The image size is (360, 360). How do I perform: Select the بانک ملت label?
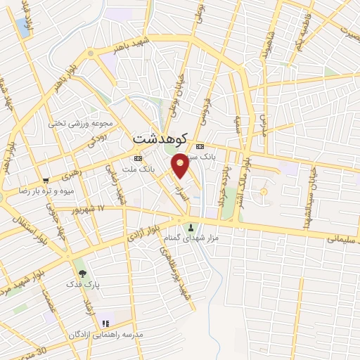(x=137, y=169)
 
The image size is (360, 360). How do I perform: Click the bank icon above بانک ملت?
(x=137, y=158)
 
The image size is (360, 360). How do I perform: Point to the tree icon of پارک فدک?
(x=82, y=273)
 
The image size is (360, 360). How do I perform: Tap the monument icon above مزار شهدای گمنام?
(x=191, y=227)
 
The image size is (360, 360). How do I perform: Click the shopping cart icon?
(x=46, y=179)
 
